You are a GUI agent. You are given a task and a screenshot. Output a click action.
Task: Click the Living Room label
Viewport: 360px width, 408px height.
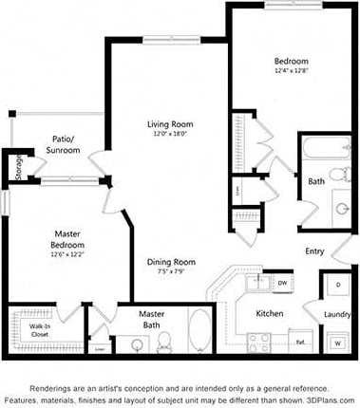point(171,123)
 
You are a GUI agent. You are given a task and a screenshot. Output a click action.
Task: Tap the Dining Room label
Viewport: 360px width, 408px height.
point(171,262)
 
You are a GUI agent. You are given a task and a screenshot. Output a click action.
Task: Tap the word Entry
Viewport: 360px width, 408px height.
point(314,251)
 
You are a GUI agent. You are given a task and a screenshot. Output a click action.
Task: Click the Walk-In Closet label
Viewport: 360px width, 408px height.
point(39,330)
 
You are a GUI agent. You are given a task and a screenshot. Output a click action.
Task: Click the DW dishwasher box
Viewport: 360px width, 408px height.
point(283,283)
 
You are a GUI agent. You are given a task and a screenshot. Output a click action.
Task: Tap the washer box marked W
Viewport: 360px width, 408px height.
point(337,342)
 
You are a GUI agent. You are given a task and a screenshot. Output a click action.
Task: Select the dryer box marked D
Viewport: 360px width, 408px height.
point(337,285)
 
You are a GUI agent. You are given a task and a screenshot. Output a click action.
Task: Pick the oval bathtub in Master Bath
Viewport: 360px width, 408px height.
point(199,333)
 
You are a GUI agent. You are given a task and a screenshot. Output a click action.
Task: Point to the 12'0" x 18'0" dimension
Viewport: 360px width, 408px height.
point(171,134)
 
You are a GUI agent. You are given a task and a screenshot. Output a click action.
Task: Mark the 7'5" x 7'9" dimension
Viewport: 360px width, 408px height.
point(171,272)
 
